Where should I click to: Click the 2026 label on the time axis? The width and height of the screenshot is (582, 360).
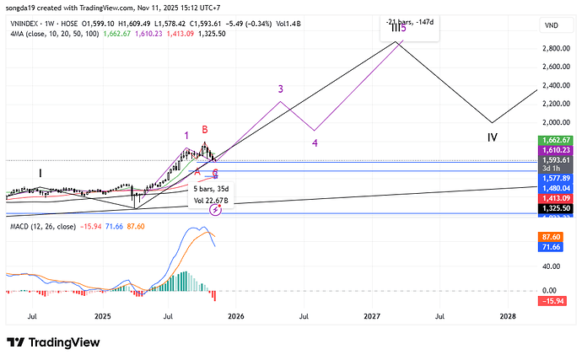pos(235,316)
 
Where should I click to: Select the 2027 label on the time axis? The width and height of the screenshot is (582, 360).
pos(371,316)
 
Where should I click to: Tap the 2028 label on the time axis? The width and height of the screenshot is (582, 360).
pos(508,316)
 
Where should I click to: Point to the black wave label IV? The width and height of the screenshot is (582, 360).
pos(492,137)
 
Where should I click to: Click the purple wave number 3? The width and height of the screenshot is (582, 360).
pos(280,89)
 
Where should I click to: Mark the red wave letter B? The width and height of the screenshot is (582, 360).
pos(204,130)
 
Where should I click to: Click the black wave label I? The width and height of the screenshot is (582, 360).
pos(40,173)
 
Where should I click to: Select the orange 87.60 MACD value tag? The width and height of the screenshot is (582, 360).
pos(552,239)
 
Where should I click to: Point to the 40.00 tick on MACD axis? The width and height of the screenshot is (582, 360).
pos(552,266)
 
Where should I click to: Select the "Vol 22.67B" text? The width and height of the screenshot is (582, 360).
pos(212,200)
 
